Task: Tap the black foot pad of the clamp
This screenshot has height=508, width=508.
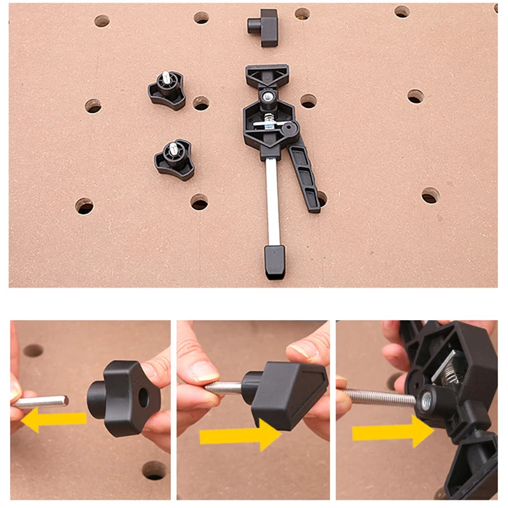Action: point(275,262)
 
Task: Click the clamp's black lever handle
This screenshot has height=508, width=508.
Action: point(306,178)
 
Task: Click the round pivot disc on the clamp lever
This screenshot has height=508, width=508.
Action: point(291,129)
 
